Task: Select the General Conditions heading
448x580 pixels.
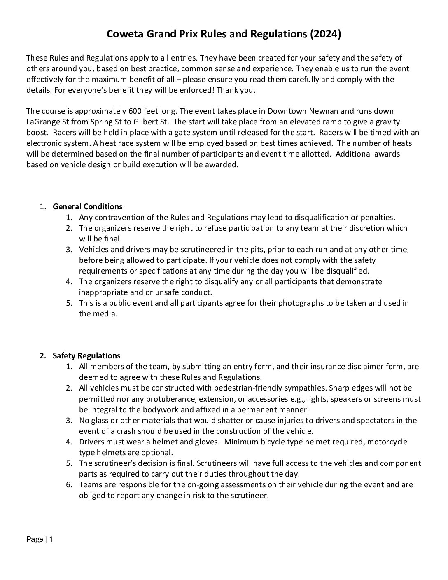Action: click(87, 206)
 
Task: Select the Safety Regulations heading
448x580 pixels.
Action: click(86, 355)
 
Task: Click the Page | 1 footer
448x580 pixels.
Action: click(40, 539)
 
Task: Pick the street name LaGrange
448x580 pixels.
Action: click(42, 122)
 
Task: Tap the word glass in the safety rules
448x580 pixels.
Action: click(99, 420)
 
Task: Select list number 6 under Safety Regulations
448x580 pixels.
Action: click(69, 484)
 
